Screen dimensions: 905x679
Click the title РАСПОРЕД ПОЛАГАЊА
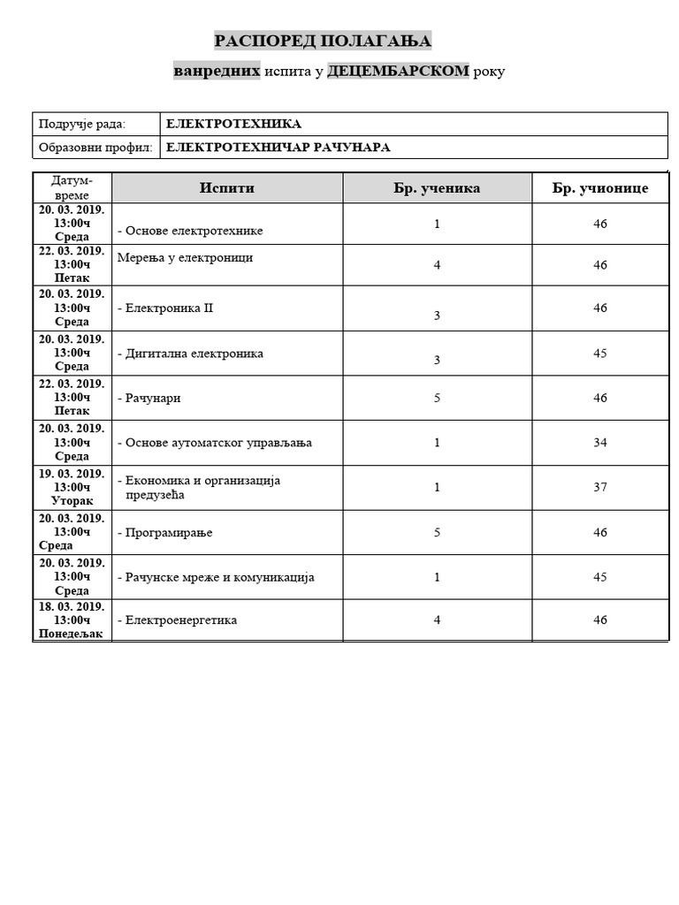pos(323,41)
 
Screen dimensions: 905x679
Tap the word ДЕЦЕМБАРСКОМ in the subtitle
pos(398,71)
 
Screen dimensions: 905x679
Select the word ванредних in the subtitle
pos(217,71)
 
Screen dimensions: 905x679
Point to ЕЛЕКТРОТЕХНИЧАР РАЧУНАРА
pos(278,148)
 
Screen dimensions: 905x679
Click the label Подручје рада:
pos(82,124)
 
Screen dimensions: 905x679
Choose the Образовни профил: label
pos(95,148)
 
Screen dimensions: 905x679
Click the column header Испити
pos(227,187)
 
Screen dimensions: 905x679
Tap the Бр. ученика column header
pos(437,187)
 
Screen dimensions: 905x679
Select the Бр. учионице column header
pos(600,187)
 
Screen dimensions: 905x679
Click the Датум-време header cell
pos(72,187)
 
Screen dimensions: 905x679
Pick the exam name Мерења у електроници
pos(185,258)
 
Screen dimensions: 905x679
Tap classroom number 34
pos(600,443)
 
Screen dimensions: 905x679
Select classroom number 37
pos(600,487)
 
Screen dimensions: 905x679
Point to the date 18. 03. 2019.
pos(72,606)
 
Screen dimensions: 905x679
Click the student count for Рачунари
pos(437,398)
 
